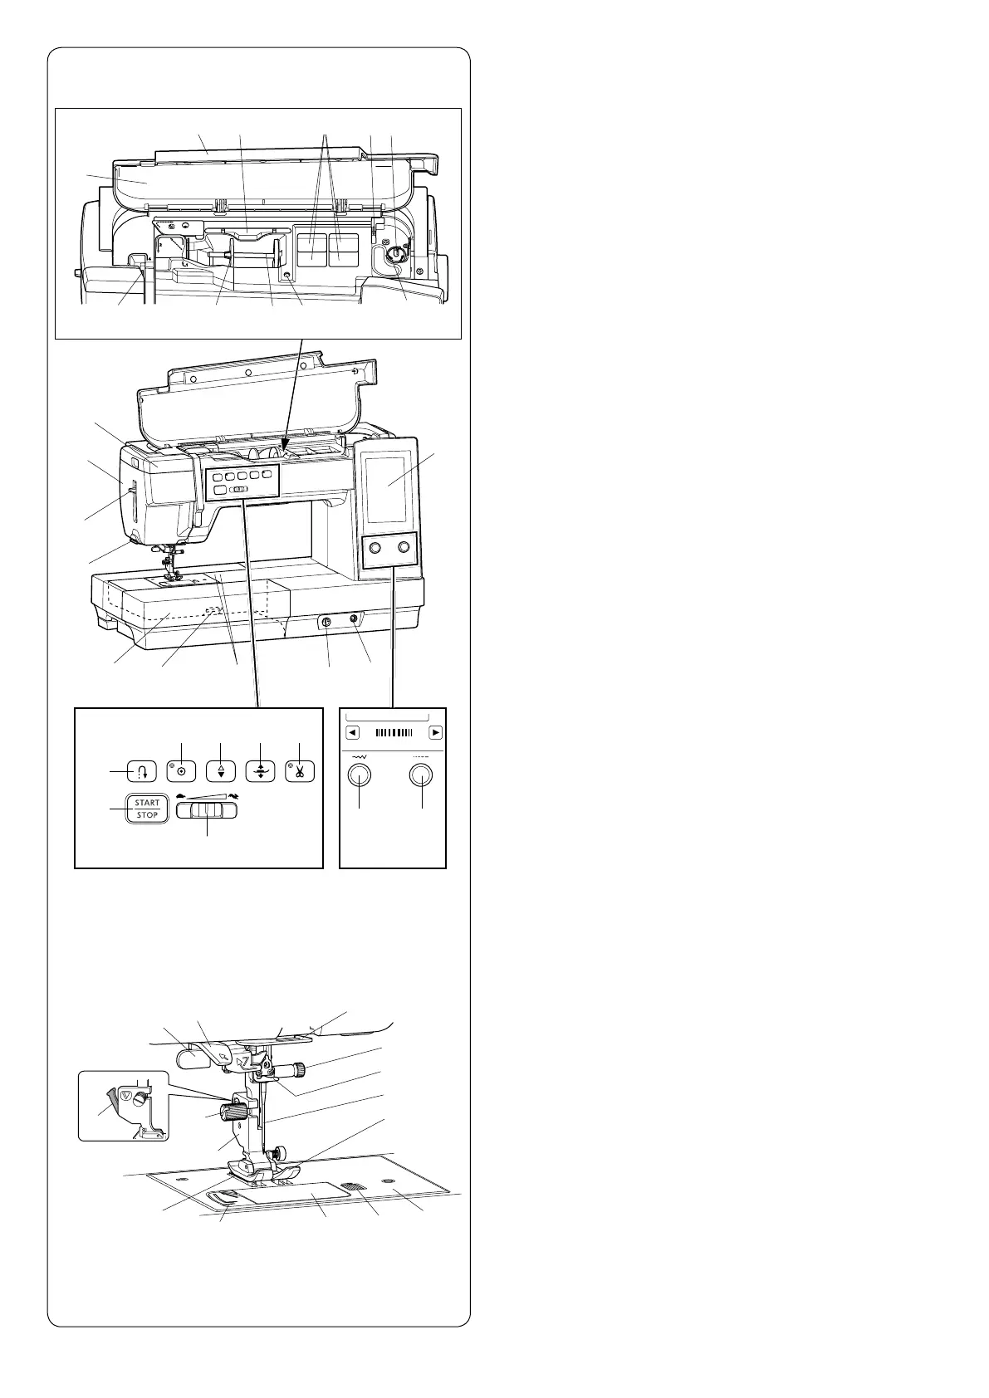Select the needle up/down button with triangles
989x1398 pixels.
pos(221,770)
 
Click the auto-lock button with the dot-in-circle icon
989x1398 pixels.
pos(181,770)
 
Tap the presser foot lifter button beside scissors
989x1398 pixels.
pos(260,770)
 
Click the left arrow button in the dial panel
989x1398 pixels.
pos(353,733)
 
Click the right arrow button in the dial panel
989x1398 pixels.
pos(435,733)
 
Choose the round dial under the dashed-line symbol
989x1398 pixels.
pos(423,775)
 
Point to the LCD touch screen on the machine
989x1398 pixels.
pos(388,484)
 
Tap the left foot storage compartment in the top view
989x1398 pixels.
pos(312,249)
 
